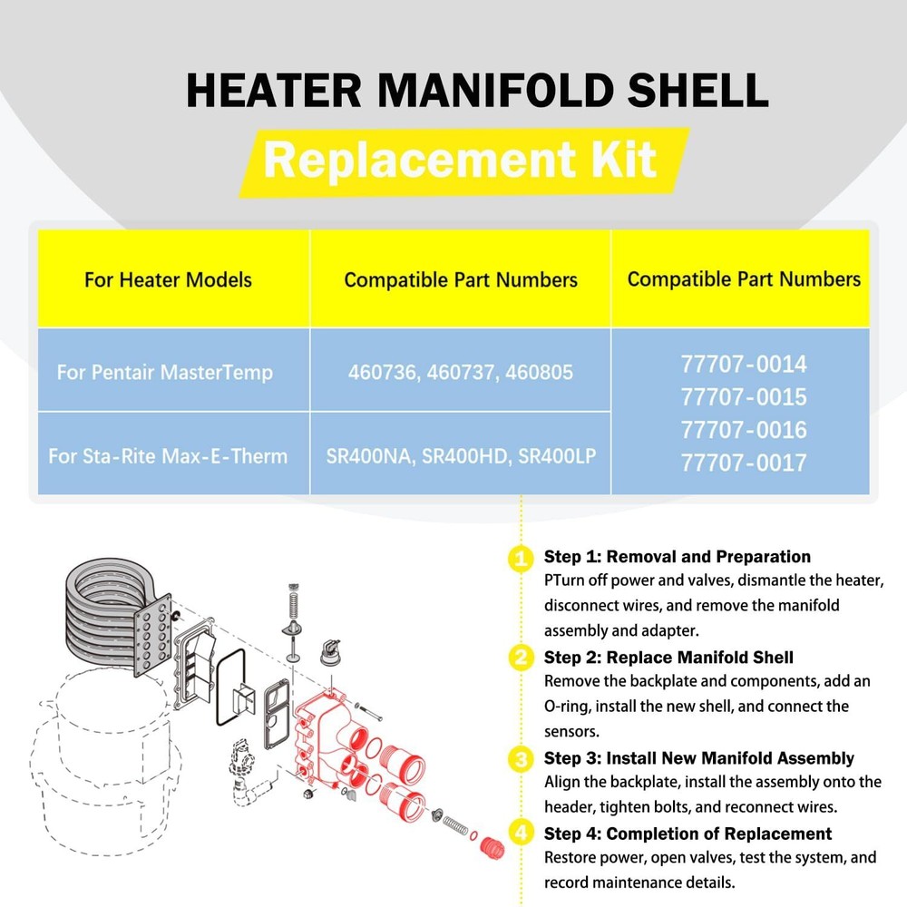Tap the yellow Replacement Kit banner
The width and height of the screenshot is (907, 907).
462,161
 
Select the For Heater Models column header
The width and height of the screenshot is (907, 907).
168,279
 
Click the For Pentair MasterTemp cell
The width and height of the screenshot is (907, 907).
164,373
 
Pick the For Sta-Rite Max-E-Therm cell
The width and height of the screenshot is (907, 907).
168,455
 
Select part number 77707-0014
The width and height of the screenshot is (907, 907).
744,365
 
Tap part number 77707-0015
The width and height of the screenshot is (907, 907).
744,397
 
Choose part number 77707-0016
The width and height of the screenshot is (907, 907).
744,430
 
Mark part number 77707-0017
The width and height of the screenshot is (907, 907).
744,463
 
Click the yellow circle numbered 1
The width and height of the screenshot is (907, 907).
521,558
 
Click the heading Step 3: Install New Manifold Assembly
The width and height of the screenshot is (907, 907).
698,757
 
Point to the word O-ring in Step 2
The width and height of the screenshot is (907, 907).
570,706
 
